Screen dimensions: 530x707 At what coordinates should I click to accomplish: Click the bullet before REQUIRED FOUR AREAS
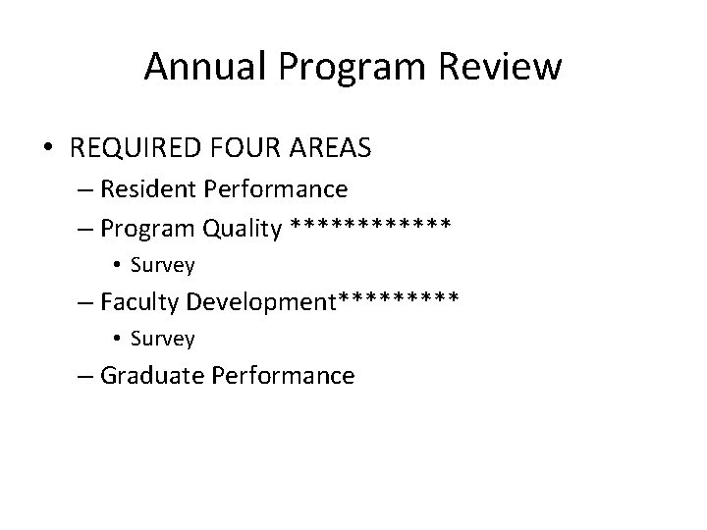point(49,148)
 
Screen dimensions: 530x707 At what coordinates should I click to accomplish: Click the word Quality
point(243,229)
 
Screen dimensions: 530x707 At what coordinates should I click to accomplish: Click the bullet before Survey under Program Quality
point(116,265)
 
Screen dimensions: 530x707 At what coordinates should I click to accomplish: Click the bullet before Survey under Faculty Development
point(116,339)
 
